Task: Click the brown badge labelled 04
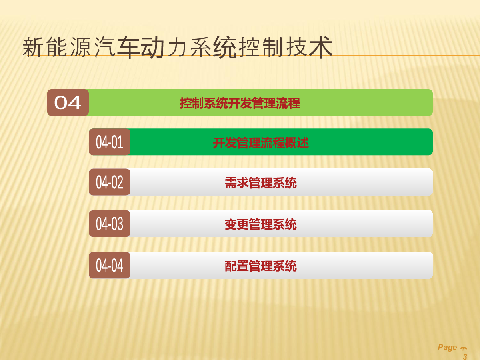[68, 102]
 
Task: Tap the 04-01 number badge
[110, 142]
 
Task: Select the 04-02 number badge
[110, 182]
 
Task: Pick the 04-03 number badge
[110, 224]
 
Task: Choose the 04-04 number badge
[110, 265]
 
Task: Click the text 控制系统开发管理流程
[240, 103]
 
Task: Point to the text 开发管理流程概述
[261, 143]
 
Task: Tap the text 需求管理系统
[261, 183]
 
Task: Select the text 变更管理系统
[261, 224]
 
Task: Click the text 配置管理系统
[261, 266]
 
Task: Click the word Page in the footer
[447, 348]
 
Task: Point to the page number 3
[465, 356]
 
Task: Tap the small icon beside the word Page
[463, 349]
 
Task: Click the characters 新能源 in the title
[57, 47]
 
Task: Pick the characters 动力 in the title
[163, 47]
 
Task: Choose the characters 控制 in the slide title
[261, 47]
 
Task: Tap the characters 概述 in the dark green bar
[297, 143]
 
